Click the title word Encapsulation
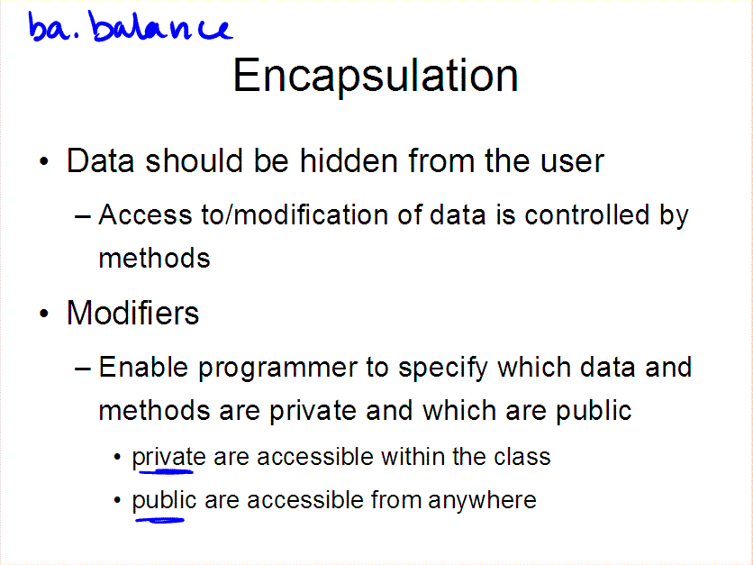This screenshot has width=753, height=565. [x=376, y=76]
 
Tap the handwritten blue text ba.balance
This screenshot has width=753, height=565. [x=131, y=27]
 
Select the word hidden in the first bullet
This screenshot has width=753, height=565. [x=349, y=160]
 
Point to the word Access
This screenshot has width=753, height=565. [x=146, y=214]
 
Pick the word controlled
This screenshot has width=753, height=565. [x=587, y=214]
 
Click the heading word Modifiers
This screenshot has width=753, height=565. [x=132, y=313]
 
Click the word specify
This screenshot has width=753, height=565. [x=443, y=369]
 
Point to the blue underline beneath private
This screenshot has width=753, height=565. [x=166, y=472]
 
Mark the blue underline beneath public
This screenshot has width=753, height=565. [x=160, y=519]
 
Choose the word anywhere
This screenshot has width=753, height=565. [x=482, y=501]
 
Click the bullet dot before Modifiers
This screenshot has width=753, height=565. [x=44, y=314]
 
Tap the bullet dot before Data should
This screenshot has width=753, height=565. [x=44, y=161]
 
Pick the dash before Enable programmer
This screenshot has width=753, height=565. [x=83, y=369]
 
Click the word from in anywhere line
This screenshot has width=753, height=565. [x=396, y=499]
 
